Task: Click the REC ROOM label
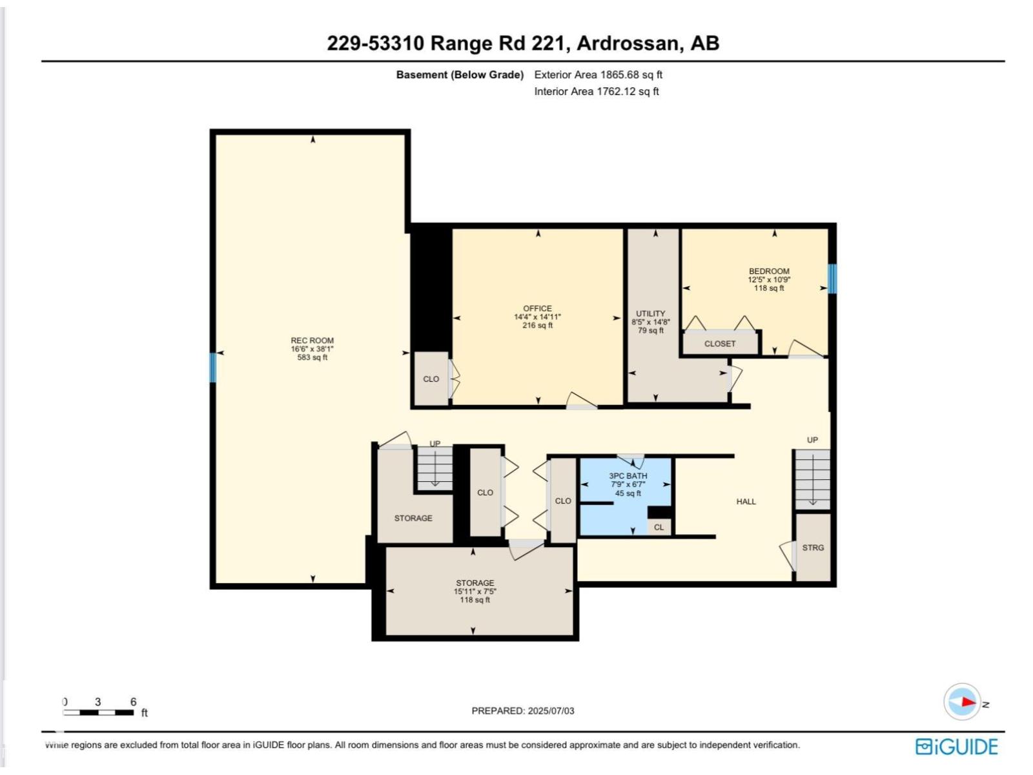tap(312, 340)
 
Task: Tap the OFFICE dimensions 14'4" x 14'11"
tap(537, 317)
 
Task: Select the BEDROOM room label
tap(769, 271)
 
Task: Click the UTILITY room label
tap(650, 313)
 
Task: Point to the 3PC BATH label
tap(628, 476)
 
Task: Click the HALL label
tap(746, 501)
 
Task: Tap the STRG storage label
tap(813, 548)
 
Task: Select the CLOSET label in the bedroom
tap(720, 344)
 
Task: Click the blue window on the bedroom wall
tap(832, 278)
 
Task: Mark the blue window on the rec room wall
tap(213, 367)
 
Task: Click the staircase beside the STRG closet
tap(812, 479)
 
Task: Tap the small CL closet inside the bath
tap(659, 527)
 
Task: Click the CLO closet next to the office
tap(431, 379)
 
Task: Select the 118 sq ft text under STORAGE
tap(475, 600)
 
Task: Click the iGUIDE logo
tap(957, 747)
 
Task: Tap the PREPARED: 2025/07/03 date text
tap(522, 710)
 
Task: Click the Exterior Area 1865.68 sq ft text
tap(598, 74)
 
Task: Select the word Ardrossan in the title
tap(627, 43)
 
